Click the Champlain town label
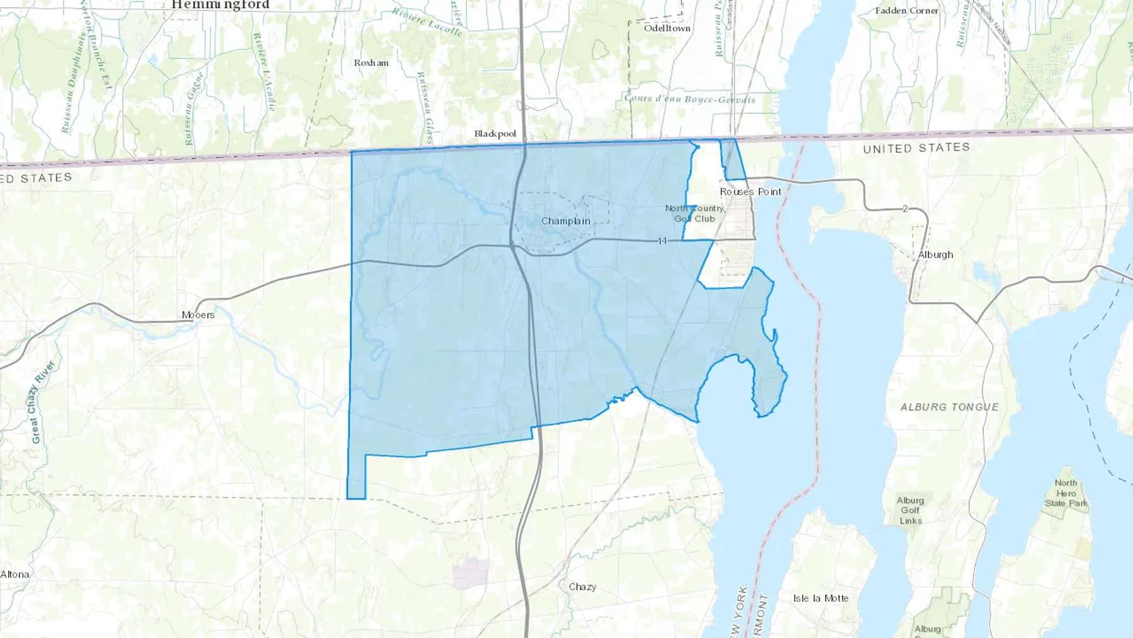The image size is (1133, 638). pos(565,221)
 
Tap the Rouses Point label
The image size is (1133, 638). pos(750,191)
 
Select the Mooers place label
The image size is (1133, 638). pos(198,315)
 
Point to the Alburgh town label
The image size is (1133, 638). pos(935,254)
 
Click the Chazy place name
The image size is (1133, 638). pos(582,587)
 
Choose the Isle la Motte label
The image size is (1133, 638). pos(820,598)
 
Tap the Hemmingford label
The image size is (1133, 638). pos(220,5)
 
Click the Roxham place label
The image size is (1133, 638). pos(371,63)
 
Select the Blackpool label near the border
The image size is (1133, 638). pos(495,134)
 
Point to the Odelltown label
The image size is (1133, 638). pos(667,28)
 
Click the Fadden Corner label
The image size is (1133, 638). pos(906,11)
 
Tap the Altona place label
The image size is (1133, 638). pos(14,574)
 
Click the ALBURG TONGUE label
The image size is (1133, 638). pos(949,407)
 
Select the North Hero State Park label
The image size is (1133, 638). pos(1066,493)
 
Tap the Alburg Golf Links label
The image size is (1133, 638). pos(910,510)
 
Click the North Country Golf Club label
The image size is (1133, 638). pos(694,214)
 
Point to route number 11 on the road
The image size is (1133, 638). pos(662,241)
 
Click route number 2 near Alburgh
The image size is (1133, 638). pos(905,208)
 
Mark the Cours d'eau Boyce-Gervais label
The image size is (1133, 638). pos(689,99)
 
